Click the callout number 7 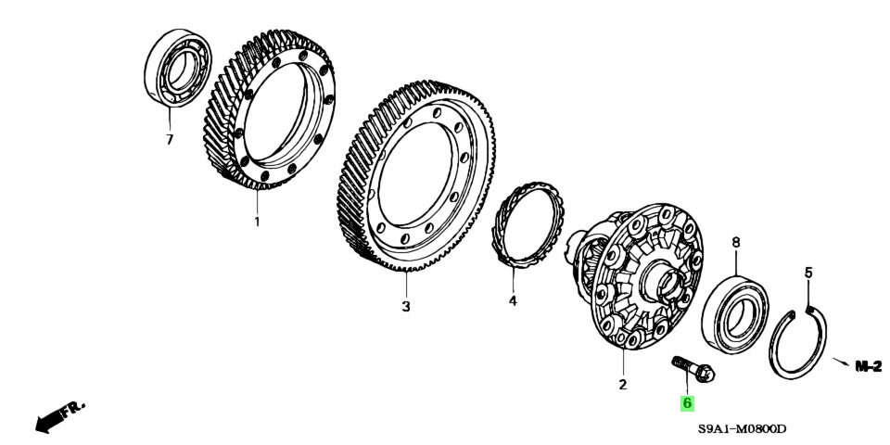(x=169, y=140)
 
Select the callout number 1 (x=257, y=222)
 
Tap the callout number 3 (x=406, y=307)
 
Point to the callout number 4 (x=513, y=300)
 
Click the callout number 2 (x=623, y=385)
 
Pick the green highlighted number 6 (x=687, y=403)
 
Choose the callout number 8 (x=735, y=243)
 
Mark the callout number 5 (x=808, y=273)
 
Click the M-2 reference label (x=869, y=366)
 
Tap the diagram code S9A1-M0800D (x=743, y=429)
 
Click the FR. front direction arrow (x=59, y=416)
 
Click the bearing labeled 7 (x=178, y=68)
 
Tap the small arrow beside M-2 (x=841, y=362)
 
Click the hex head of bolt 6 (x=706, y=374)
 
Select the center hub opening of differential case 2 (x=666, y=284)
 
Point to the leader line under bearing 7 (x=169, y=119)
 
